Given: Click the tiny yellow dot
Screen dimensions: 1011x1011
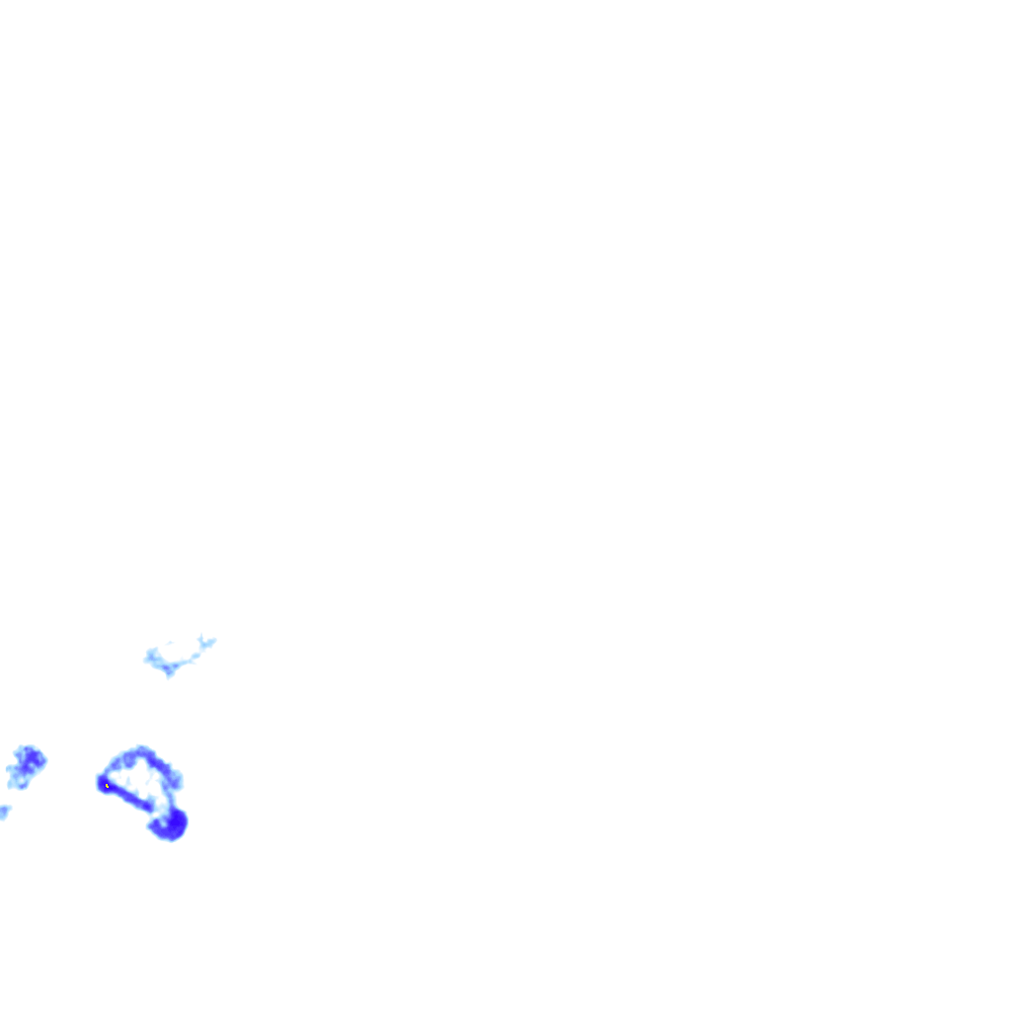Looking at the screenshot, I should point(107,785).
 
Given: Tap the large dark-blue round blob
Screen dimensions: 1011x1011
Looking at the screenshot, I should point(173,822).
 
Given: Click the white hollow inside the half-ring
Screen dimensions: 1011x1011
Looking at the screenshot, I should point(140,781).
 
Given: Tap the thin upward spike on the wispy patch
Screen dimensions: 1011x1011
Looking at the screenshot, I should point(201,638).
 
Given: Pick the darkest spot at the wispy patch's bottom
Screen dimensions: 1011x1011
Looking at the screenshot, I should point(169,671).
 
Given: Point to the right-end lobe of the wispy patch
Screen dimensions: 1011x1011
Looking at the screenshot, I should point(209,643).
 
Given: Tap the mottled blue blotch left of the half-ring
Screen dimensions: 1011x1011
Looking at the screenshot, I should point(26,765).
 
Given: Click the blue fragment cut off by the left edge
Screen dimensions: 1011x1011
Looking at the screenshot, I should point(4,812).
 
